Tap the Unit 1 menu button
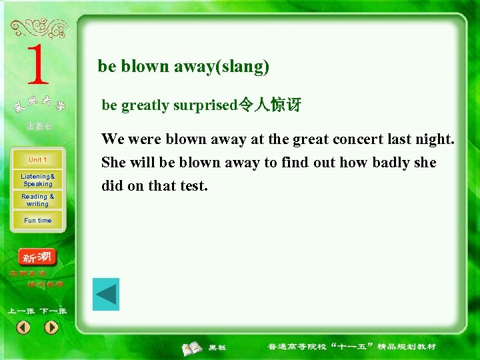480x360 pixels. [37, 160]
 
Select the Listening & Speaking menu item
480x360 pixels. [37, 180]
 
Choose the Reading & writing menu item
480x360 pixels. [37, 200]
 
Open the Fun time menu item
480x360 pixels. [37, 221]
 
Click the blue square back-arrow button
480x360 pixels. [105, 295]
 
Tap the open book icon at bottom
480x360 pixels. [193, 347]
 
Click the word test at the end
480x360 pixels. [193, 186]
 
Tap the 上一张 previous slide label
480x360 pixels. [21, 311]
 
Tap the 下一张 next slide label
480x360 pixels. [53, 311]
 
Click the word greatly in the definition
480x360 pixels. [146, 105]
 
